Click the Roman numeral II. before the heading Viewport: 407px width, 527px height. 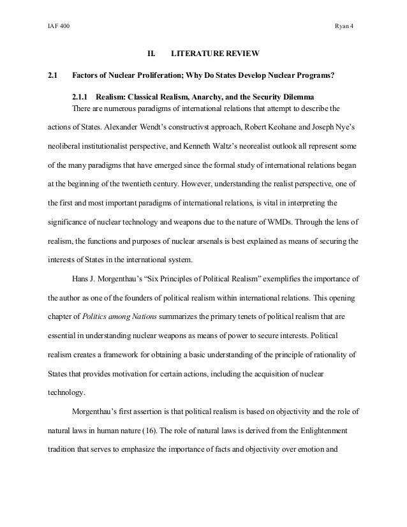click(x=152, y=54)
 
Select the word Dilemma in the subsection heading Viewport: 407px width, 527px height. click(x=293, y=98)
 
